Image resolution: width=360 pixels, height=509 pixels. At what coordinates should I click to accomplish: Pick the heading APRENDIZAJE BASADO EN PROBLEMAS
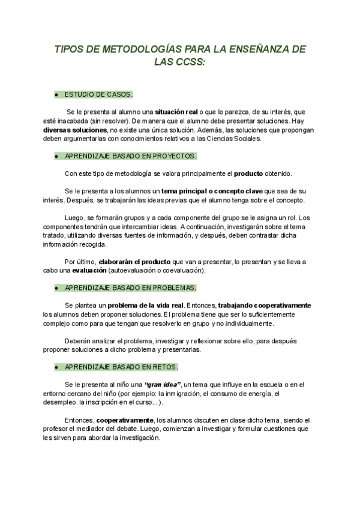[130, 288]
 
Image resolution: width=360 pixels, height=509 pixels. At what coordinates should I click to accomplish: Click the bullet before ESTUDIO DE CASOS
[56, 95]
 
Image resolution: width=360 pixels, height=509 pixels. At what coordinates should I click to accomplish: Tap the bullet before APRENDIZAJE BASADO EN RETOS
[56, 367]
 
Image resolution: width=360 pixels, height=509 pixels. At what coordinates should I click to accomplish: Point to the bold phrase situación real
[176, 112]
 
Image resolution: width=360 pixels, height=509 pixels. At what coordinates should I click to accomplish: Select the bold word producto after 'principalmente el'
[248, 173]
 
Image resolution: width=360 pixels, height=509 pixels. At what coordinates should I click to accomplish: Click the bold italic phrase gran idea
[163, 385]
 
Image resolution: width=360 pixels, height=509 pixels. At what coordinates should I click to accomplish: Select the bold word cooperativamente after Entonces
[125, 420]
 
